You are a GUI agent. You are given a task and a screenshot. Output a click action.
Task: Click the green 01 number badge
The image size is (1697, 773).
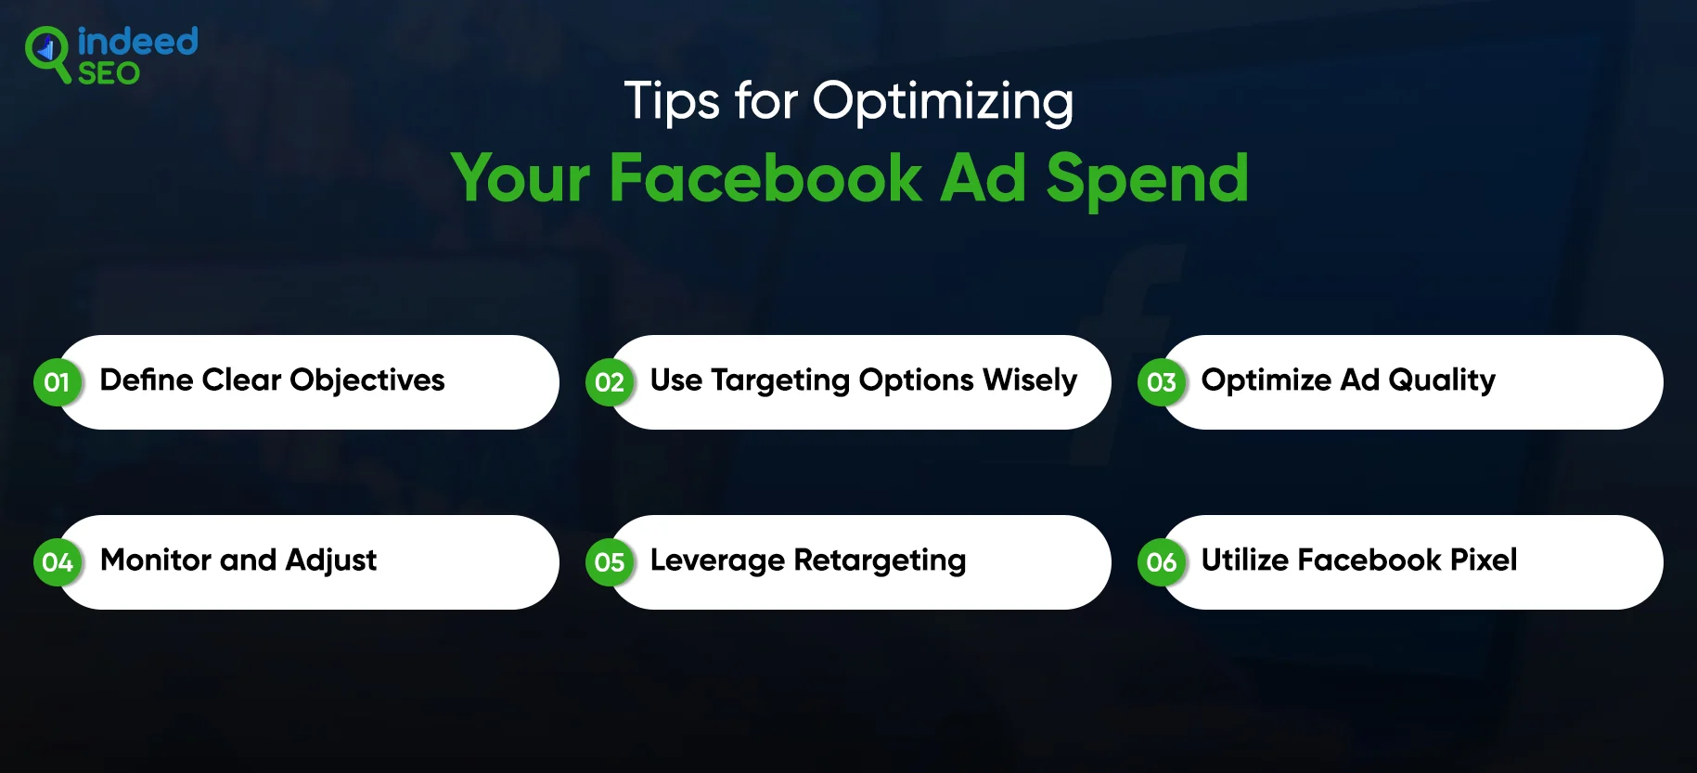[x=58, y=382]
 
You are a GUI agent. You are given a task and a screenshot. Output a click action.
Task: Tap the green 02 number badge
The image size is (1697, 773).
[x=610, y=382]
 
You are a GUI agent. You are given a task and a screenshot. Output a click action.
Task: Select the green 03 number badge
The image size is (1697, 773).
[x=1162, y=382]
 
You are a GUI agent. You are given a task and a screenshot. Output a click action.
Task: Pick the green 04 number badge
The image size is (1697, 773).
[x=58, y=562]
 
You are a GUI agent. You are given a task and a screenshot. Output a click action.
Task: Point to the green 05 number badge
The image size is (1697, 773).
[x=610, y=562]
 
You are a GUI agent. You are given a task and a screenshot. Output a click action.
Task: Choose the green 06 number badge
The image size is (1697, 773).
[x=1162, y=562]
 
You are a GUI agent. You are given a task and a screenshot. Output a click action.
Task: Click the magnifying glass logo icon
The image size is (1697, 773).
[x=47, y=54]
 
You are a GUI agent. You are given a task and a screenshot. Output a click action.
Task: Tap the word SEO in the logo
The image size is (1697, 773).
[x=109, y=73]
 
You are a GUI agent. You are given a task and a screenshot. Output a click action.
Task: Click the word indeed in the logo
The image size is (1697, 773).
[x=137, y=42]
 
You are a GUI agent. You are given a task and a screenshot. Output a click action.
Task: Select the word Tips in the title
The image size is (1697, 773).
[x=672, y=101]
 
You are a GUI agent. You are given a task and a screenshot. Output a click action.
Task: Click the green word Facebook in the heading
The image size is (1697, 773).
[x=765, y=177]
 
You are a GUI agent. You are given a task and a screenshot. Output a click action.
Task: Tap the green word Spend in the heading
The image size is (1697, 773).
[x=1147, y=179]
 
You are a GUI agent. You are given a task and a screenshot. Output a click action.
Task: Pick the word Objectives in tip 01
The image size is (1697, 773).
[x=367, y=380]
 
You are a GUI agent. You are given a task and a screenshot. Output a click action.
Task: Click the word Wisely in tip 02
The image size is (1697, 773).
[x=1030, y=381]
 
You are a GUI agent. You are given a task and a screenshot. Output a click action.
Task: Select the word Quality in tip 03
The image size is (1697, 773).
[x=1442, y=381]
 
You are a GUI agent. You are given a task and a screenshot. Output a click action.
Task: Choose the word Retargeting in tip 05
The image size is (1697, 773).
[x=880, y=561]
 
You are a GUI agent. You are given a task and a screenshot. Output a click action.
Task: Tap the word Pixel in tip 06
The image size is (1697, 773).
[x=1484, y=560]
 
